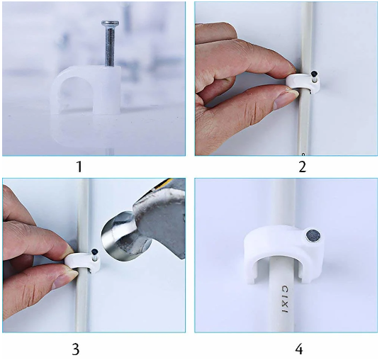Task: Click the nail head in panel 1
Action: (x=111, y=23)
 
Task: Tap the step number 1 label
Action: (x=79, y=167)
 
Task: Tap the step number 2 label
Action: (x=302, y=167)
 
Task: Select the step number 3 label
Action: (x=76, y=349)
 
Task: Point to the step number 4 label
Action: (x=299, y=349)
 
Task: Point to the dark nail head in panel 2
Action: (x=314, y=73)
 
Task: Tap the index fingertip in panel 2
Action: (x=291, y=66)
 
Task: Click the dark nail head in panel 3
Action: (x=94, y=252)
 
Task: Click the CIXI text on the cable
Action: (x=285, y=300)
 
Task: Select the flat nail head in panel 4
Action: (x=313, y=236)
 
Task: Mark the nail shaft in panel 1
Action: (x=110, y=45)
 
